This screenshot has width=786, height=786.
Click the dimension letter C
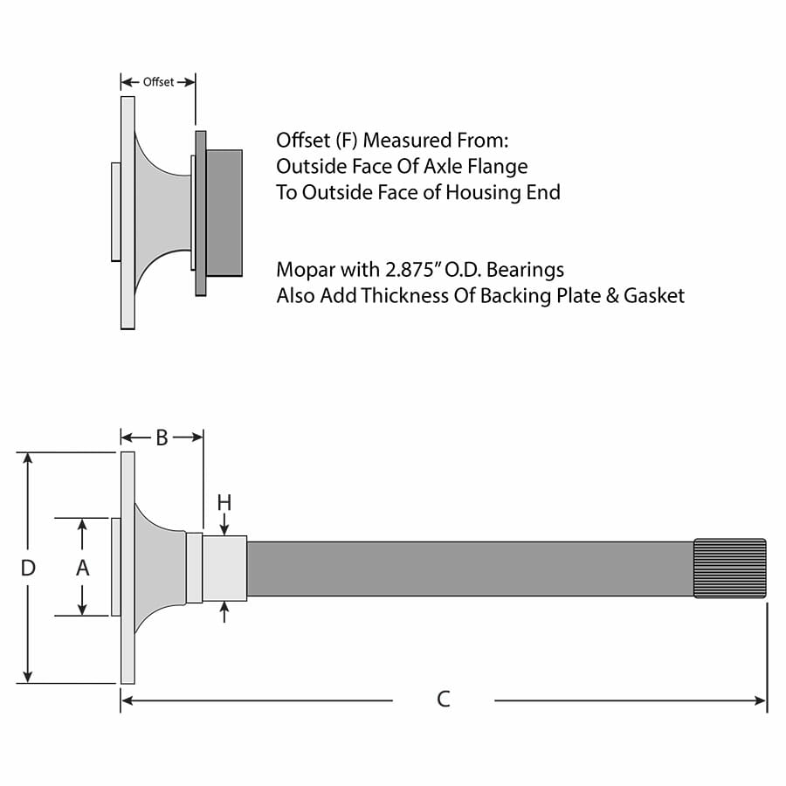tap(444, 699)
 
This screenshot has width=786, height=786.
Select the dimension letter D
tap(28, 568)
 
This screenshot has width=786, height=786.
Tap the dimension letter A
tap(82, 568)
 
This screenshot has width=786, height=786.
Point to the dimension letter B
tap(162, 438)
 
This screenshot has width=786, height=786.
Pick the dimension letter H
tap(224, 502)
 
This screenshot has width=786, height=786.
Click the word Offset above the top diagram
tap(158, 82)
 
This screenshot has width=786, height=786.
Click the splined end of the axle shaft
tap(730, 569)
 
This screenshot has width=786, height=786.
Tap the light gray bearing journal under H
tap(224, 569)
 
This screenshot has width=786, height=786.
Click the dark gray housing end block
tap(224, 212)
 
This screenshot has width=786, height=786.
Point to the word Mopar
tap(303, 269)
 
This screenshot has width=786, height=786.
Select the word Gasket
tap(654, 295)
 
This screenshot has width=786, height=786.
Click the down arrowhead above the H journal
tap(224, 529)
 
